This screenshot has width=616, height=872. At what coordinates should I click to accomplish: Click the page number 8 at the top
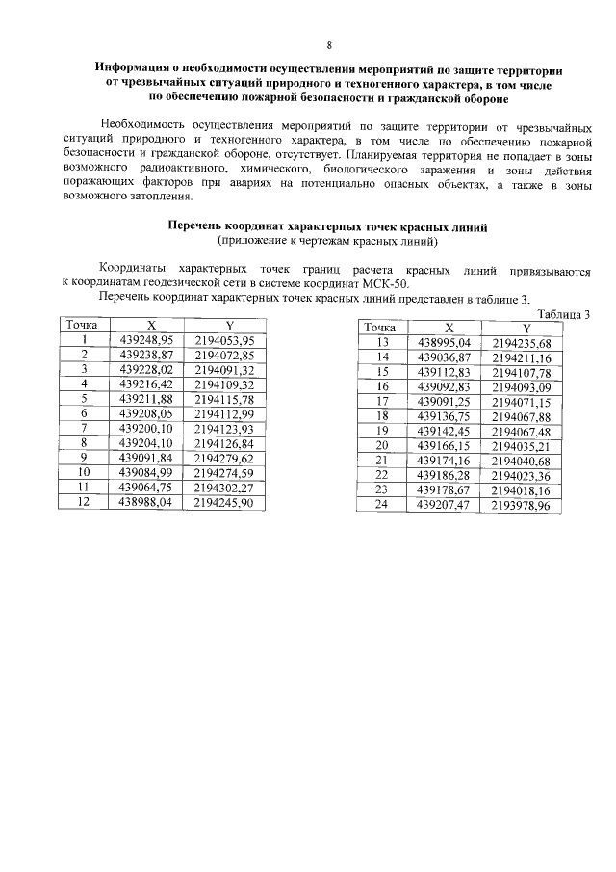pos(329,45)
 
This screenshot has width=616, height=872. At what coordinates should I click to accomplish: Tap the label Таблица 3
pos(563,314)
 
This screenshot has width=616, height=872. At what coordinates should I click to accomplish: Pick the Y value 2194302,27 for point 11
pos(223,489)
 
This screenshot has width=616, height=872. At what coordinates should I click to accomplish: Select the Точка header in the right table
pos(380,329)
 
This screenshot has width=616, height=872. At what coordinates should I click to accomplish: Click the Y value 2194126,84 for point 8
pos(223,444)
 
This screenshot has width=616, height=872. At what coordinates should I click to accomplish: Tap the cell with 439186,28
pos(442,476)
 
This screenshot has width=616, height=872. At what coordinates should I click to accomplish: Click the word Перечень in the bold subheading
pos(197,225)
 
